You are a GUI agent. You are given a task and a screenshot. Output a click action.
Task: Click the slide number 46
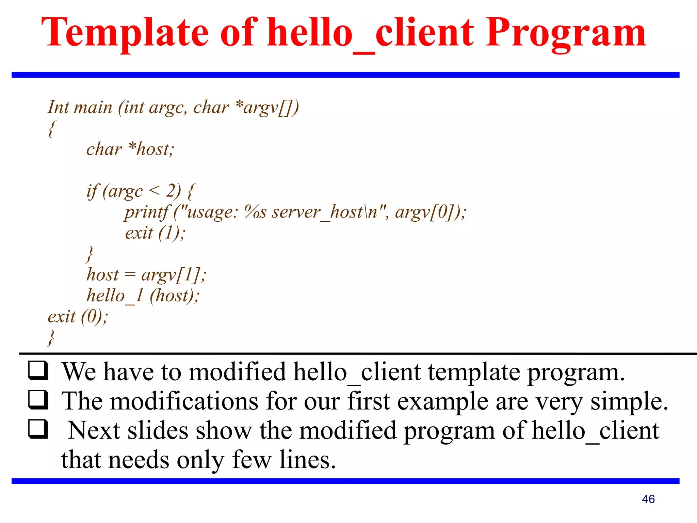(x=648, y=499)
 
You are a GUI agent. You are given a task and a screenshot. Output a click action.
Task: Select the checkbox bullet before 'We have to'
(x=38, y=371)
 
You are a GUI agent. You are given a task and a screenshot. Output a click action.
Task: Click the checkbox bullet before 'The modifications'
(x=38, y=400)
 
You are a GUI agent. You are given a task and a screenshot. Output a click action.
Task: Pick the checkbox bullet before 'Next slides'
(x=38, y=429)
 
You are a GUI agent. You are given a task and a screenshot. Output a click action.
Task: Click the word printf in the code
(x=146, y=212)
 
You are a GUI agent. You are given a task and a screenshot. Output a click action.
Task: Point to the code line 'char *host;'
(x=130, y=149)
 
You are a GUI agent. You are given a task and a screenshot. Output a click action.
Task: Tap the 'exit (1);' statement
(x=155, y=233)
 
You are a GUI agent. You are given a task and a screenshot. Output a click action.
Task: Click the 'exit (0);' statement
(x=78, y=317)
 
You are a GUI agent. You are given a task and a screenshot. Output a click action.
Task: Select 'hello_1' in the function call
(x=115, y=296)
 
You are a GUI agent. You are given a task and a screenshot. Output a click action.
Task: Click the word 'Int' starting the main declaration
(x=58, y=107)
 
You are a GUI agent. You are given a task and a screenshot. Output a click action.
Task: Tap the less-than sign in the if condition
(x=154, y=191)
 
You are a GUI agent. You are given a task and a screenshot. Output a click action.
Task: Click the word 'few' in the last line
(x=251, y=460)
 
